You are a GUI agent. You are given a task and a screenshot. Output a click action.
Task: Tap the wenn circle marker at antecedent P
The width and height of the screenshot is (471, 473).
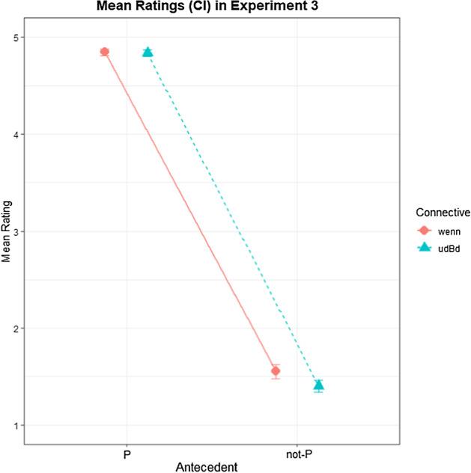(105, 52)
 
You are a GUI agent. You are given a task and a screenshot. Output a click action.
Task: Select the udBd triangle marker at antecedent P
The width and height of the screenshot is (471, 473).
(148, 52)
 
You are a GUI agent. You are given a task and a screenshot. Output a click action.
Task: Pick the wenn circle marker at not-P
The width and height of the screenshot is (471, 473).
(276, 371)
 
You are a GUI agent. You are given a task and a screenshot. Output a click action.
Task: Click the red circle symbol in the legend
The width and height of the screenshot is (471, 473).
(424, 231)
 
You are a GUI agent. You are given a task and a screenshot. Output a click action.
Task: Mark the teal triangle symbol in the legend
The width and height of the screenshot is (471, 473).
(424, 248)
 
